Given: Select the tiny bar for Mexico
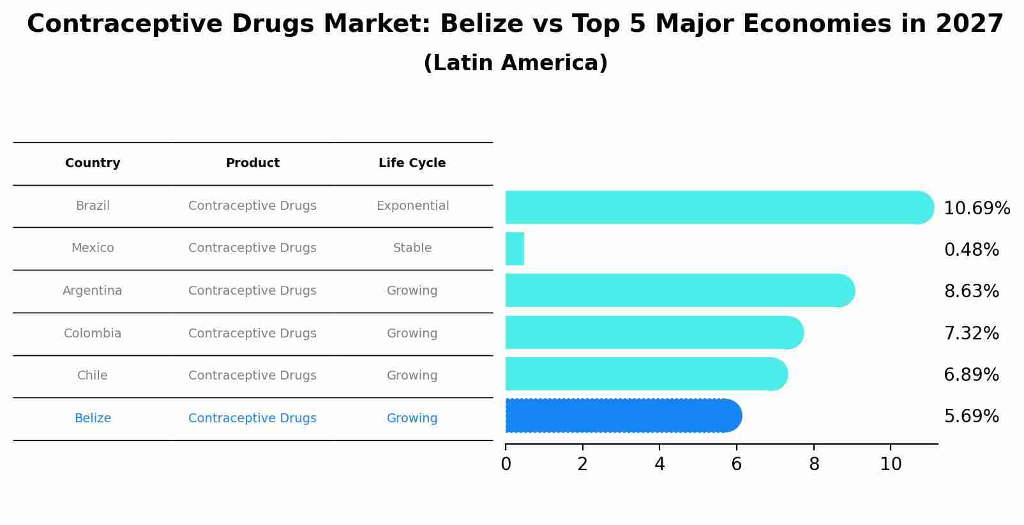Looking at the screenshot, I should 515,249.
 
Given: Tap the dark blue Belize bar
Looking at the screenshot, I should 622,416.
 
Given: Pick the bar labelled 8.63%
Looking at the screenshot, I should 679,291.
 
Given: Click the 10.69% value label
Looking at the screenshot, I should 976,209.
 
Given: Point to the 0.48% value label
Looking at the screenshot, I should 971,250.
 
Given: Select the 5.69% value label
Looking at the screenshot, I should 971,417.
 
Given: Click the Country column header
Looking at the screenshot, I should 93,163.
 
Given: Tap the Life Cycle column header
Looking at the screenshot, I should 412,163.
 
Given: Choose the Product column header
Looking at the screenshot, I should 252,163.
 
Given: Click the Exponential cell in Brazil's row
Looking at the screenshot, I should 412,206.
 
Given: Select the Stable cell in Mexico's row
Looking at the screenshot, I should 412,248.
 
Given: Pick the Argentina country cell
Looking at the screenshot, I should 93,291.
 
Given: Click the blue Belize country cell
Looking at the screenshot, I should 93,418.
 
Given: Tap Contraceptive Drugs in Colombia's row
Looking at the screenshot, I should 252,334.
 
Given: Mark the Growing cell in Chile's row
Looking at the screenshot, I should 412,376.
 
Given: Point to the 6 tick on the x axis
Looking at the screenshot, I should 737,464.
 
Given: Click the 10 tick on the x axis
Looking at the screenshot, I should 891,464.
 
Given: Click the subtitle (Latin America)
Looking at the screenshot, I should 515,63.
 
